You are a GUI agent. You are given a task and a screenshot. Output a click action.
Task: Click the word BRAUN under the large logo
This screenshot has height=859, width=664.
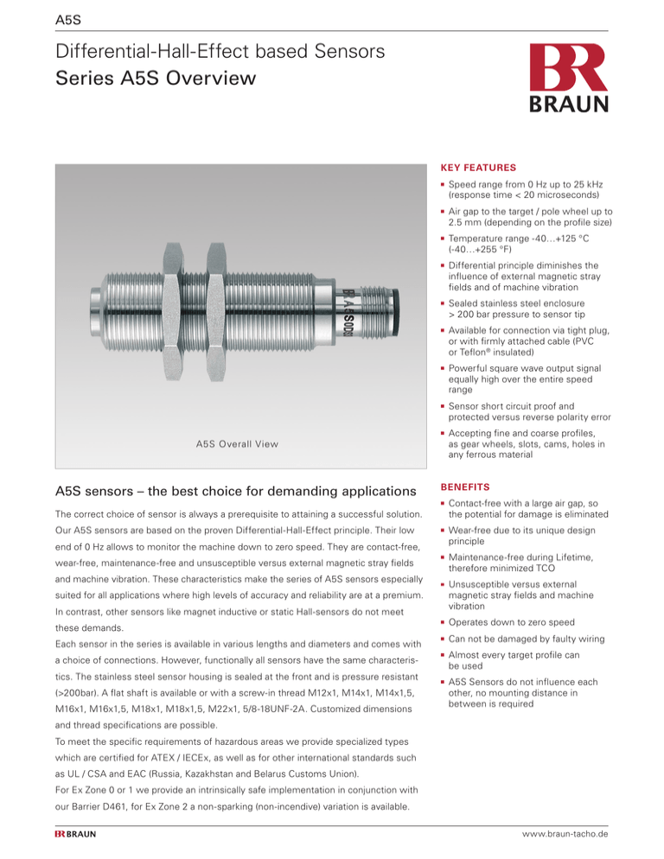571,103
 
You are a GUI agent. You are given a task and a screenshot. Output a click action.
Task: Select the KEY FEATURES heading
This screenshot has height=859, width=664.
479,167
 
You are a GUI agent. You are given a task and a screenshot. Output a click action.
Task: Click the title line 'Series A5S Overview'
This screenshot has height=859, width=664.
155,80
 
